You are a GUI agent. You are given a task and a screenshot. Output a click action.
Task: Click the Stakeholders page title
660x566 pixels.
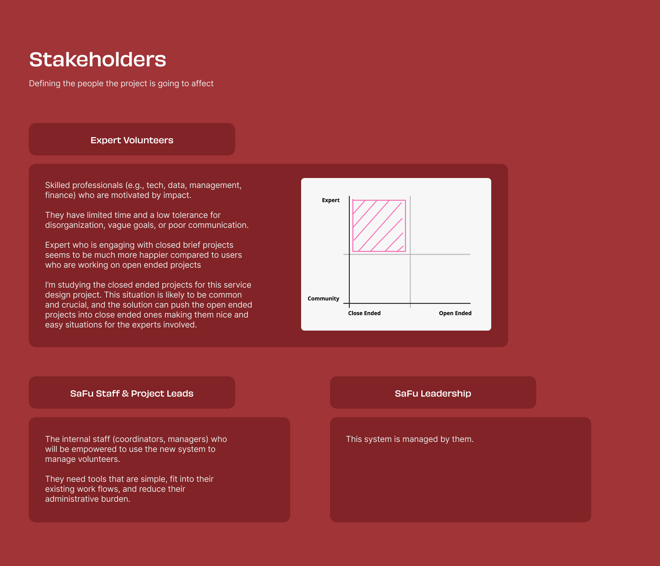click(98, 59)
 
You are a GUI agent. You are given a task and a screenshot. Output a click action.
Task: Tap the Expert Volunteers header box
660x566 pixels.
click(132, 139)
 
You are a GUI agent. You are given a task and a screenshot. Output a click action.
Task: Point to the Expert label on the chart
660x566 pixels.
click(331, 200)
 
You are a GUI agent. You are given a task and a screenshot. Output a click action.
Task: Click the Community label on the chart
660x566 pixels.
click(323, 298)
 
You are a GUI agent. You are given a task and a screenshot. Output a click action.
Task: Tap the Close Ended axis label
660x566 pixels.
click(364, 313)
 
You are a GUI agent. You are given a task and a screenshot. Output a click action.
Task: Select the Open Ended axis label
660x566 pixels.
click(455, 313)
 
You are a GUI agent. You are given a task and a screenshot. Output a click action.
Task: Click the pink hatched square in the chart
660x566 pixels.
click(379, 226)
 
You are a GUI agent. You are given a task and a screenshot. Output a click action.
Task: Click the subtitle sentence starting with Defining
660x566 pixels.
click(121, 84)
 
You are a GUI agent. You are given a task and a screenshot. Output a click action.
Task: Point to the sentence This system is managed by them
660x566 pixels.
click(410, 439)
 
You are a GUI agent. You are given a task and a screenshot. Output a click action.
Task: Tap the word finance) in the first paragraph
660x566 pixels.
click(60, 195)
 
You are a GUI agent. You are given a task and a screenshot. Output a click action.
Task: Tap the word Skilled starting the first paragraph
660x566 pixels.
click(57, 185)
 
